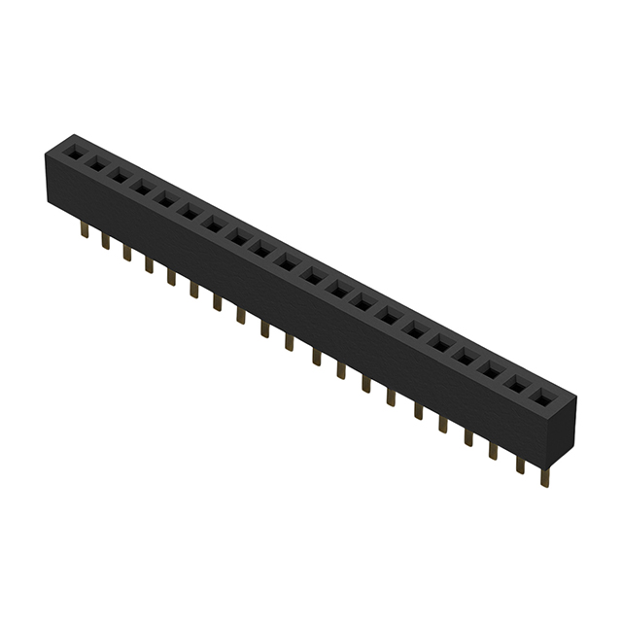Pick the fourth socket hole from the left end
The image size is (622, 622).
point(143,188)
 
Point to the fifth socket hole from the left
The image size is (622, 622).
point(166,199)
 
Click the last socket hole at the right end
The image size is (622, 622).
point(539,396)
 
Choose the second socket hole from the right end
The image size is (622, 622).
point(515,382)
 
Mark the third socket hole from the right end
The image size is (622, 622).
point(491,369)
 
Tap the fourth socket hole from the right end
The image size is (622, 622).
point(466,357)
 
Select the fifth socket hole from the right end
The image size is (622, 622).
point(442,344)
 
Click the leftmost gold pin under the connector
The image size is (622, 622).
point(85,231)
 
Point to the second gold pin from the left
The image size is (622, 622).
point(106,241)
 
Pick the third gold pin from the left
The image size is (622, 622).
point(127,252)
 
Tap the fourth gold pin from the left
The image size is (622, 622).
point(150,263)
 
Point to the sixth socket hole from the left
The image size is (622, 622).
point(190,212)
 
